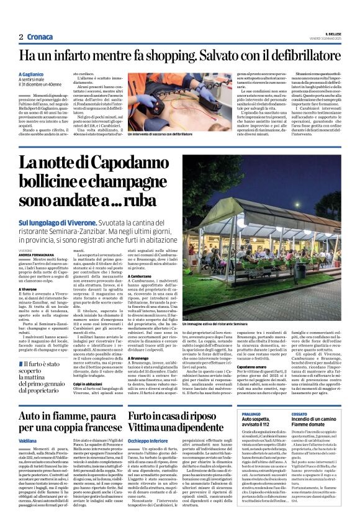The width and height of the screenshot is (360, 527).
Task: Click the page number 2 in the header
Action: [x=20, y=37]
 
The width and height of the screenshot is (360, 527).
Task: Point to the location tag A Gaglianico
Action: [x=33, y=74]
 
